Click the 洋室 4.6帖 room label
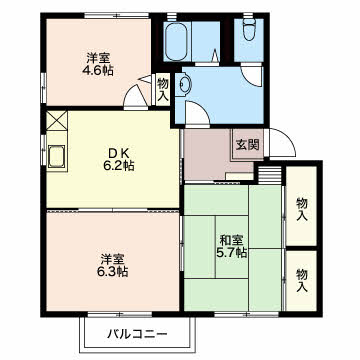[x=98, y=64]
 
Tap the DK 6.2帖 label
[x=118, y=159]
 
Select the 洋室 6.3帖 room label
[x=113, y=265]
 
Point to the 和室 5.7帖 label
[x=232, y=246]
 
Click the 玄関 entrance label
[x=247, y=145]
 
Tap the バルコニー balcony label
[x=137, y=333]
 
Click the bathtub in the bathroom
[x=176, y=41]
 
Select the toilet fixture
[x=248, y=30]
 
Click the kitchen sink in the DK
[x=56, y=156]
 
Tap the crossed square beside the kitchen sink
[x=57, y=120]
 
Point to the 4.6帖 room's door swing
[x=135, y=96]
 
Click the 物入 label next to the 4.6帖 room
[x=163, y=89]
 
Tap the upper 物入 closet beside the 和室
[x=301, y=206]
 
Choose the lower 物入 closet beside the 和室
[x=301, y=281]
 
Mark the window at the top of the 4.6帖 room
[x=116, y=15]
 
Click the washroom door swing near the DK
[x=197, y=113]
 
